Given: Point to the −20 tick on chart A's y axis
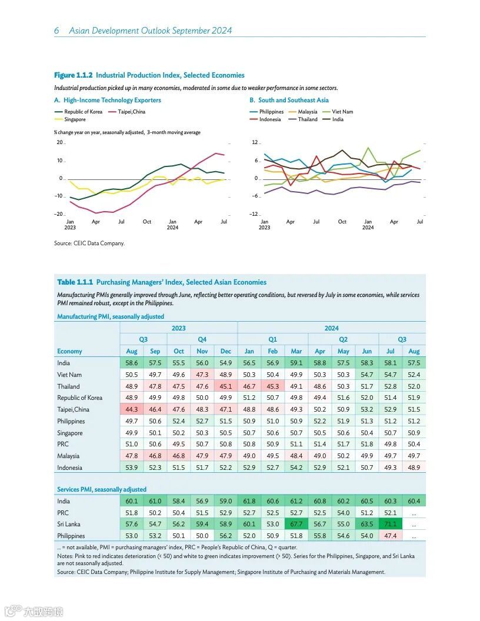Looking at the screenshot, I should (59, 214).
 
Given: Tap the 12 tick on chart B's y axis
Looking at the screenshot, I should (255, 143).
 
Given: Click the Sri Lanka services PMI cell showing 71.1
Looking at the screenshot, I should (390, 524).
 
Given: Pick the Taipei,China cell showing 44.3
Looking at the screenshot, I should (132, 409).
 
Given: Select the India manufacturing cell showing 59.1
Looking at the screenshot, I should (296, 363).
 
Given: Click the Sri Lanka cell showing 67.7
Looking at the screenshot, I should (296, 524).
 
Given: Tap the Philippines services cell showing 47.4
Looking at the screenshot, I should (390, 536).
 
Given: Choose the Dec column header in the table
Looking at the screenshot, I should (225, 351).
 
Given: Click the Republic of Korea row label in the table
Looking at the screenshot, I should (79, 398).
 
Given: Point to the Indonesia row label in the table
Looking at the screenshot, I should (69, 468).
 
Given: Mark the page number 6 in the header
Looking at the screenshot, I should (56, 31).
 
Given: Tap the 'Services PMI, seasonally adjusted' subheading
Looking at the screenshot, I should (101, 489).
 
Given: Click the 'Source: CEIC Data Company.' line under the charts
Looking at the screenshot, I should (89, 243).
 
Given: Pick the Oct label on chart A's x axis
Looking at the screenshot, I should (146, 222).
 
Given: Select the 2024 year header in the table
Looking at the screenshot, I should (331, 328).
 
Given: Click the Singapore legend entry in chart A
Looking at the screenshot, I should (75, 119).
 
